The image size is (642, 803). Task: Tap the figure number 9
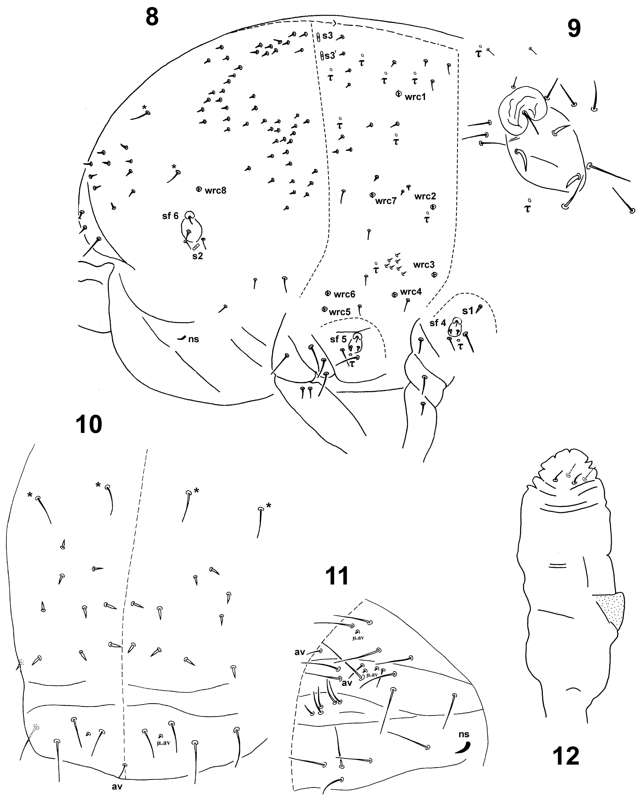(x=574, y=28)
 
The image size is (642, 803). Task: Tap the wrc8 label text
(x=215, y=191)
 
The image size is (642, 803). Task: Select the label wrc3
(x=424, y=265)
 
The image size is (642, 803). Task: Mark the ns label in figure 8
(x=194, y=339)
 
